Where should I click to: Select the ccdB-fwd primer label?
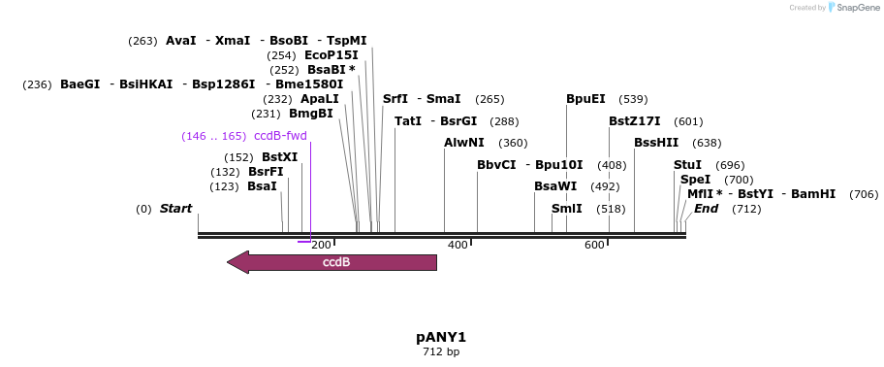(x=280, y=136)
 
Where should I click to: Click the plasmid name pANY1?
(x=441, y=337)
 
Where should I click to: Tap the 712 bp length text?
(x=441, y=351)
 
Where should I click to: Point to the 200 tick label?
(x=322, y=245)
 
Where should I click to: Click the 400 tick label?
(x=458, y=245)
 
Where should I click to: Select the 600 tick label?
(x=594, y=245)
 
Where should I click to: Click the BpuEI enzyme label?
(x=585, y=99)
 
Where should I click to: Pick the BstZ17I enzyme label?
(x=634, y=121)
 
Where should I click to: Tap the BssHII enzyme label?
(x=656, y=143)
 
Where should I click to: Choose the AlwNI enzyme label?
(x=463, y=143)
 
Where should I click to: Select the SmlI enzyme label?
(x=567, y=209)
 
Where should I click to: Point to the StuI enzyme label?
(x=687, y=165)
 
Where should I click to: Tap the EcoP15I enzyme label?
(x=331, y=55)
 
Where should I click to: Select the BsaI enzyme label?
(x=262, y=186)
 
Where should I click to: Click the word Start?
(x=175, y=209)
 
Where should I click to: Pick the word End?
(x=706, y=209)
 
